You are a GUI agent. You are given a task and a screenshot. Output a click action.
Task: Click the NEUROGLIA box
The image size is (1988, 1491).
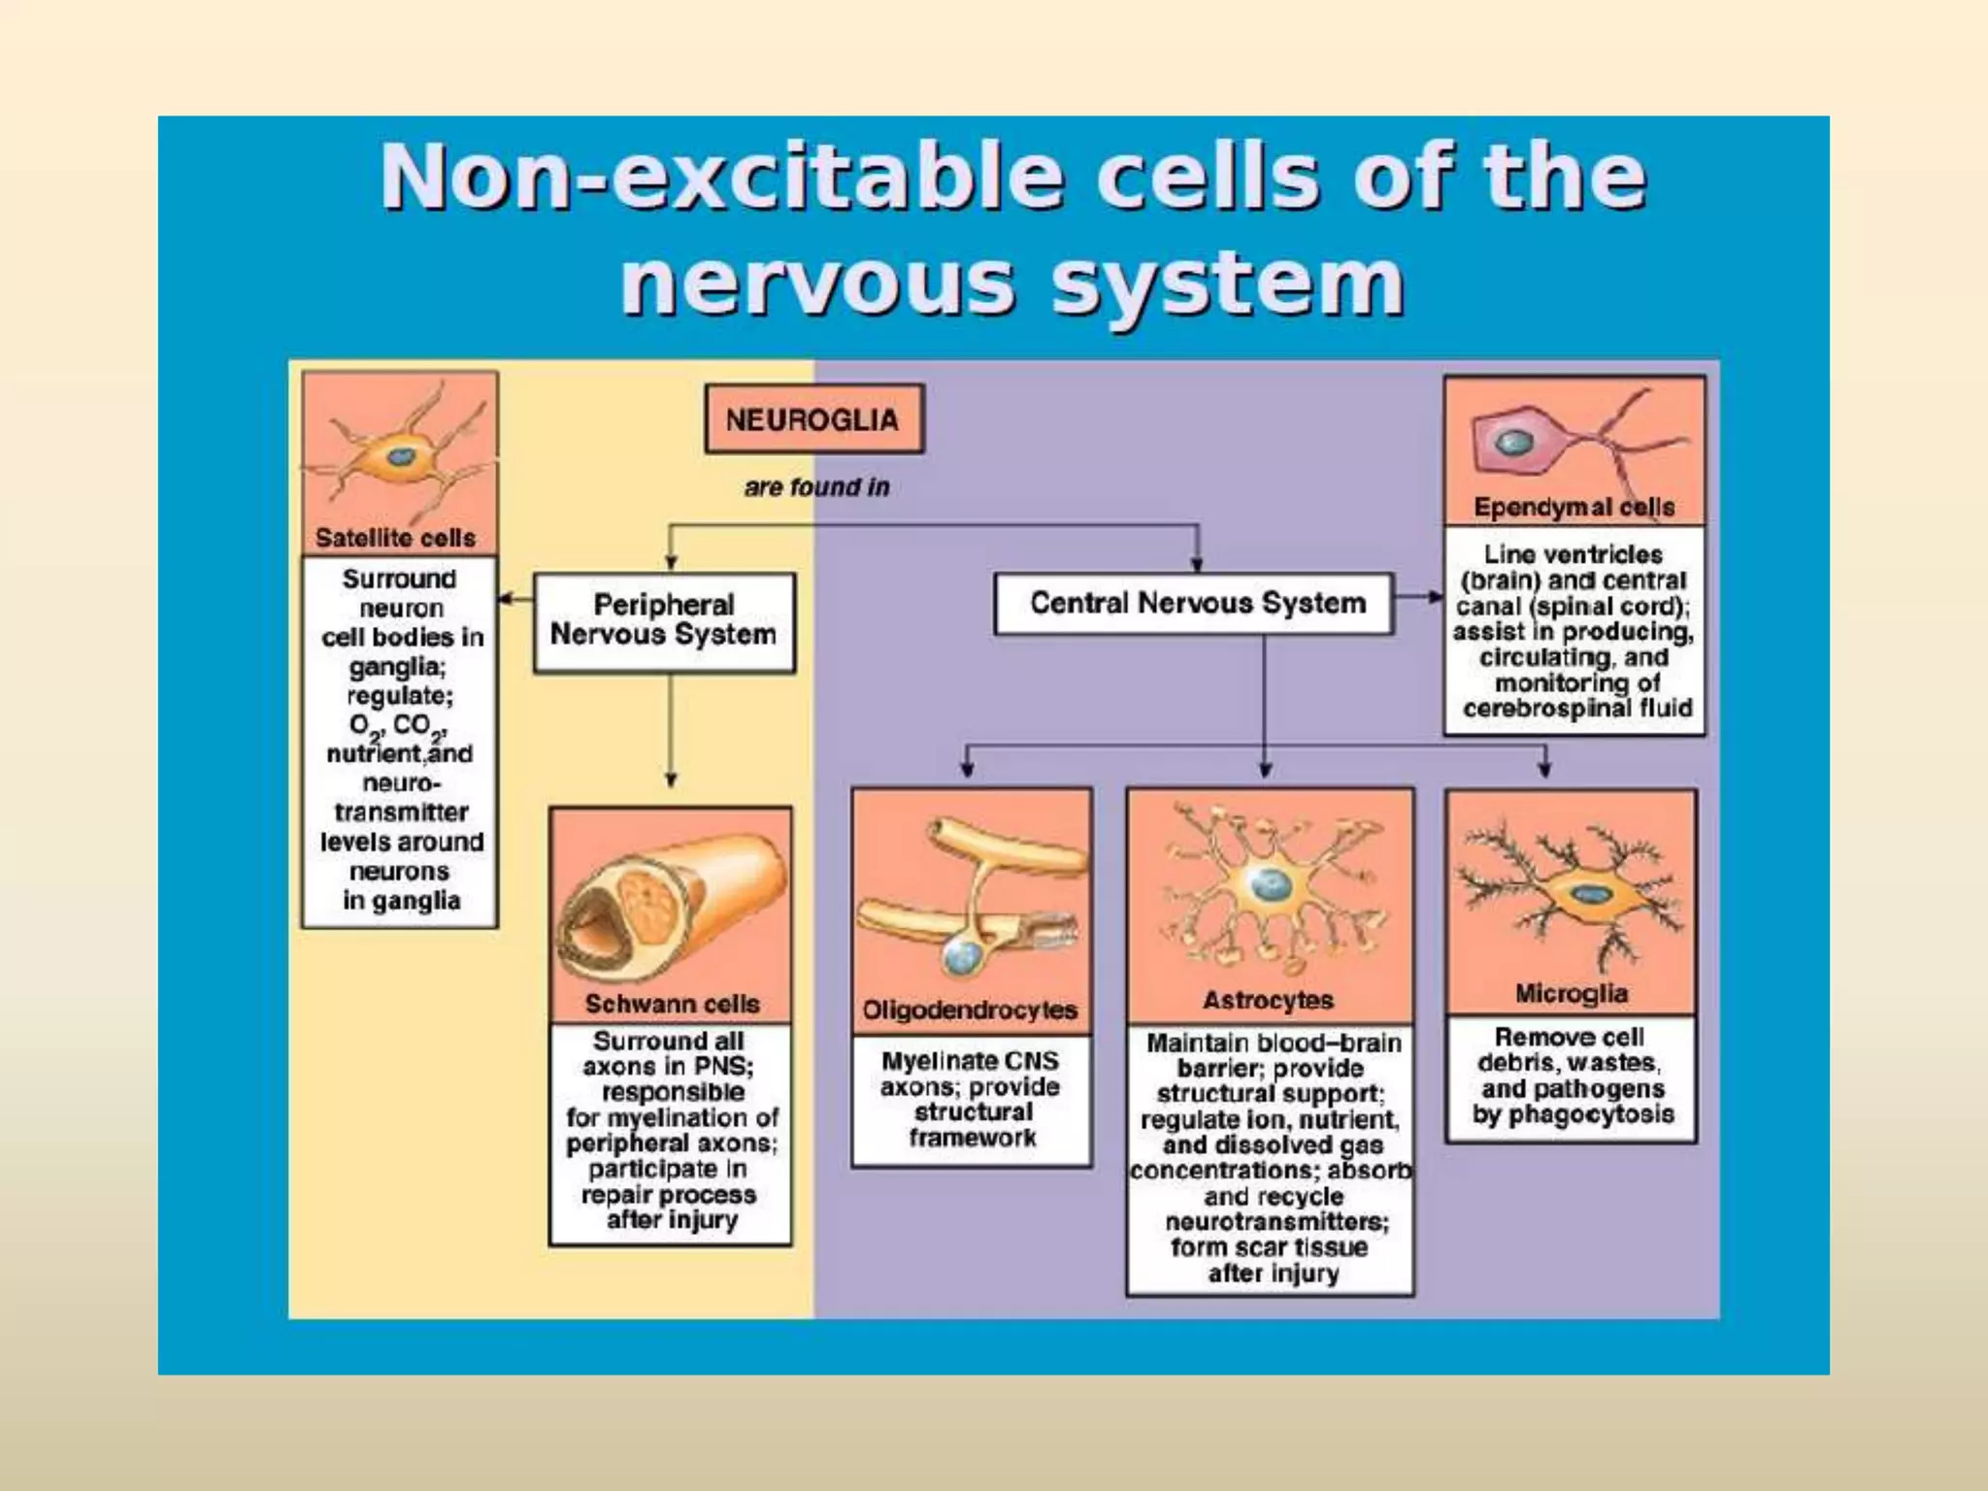tap(813, 419)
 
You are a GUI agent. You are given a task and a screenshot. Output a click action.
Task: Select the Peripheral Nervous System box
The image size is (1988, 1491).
tap(664, 620)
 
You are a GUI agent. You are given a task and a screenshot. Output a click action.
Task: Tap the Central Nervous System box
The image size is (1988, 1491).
tap(1197, 603)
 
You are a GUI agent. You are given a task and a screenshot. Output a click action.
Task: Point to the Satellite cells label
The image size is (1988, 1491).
tap(395, 538)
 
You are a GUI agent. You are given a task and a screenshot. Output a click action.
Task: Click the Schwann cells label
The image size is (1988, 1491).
tap(672, 1004)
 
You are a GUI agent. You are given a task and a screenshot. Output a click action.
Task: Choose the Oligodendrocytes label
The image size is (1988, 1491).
tap(970, 1011)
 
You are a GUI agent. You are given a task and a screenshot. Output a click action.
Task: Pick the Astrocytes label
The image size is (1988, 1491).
tap(1268, 1000)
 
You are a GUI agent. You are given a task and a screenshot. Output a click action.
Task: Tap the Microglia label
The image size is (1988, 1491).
tap(1571, 993)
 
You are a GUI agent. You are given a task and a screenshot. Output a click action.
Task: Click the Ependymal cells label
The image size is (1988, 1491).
tap(1574, 507)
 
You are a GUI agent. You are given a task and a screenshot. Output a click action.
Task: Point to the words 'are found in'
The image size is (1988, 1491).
tap(816, 487)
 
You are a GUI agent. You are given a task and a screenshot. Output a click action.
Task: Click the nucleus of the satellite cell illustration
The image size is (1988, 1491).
tap(399, 456)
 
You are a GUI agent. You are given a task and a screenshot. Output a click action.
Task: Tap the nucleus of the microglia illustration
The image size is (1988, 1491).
tap(1588, 895)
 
